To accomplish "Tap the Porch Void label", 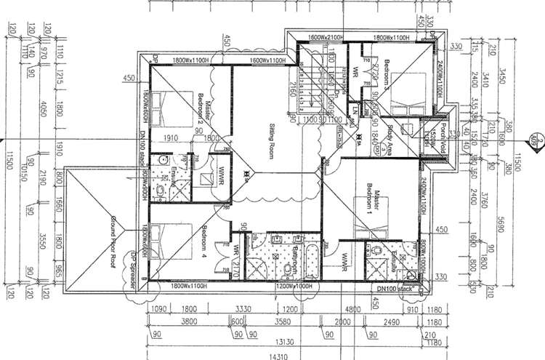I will (440, 132).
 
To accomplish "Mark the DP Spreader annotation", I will (134, 271).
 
